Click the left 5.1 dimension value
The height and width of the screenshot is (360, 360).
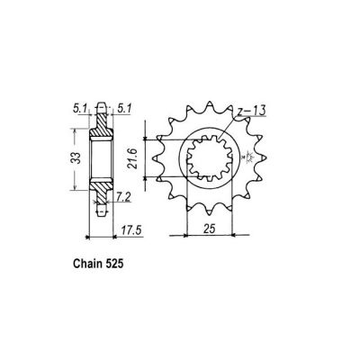(82, 112)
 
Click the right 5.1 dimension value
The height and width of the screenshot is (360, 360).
(122, 112)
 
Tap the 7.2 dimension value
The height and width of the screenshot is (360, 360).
(123, 195)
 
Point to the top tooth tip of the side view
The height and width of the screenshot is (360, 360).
(102, 106)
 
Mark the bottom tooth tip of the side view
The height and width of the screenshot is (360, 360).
(102, 214)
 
